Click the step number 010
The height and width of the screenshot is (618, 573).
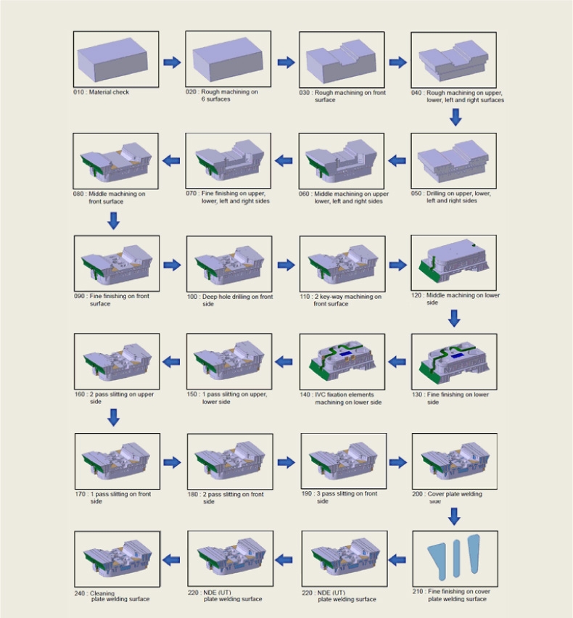(x=78, y=92)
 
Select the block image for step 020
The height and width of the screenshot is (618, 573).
(x=228, y=59)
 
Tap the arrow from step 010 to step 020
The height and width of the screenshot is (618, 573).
(x=172, y=62)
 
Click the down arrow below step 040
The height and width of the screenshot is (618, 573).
(x=455, y=118)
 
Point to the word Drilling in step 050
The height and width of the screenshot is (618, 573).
(x=435, y=194)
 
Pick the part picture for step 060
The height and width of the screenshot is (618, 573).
(x=342, y=161)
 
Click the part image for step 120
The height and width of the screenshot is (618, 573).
(x=454, y=262)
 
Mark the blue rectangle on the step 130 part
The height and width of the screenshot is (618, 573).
(x=456, y=356)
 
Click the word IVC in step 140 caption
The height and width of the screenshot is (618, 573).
(x=319, y=395)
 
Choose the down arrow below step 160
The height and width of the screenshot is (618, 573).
(x=113, y=417)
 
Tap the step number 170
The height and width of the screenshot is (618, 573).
(x=80, y=494)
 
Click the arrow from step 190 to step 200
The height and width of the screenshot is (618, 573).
(x=398, y=462)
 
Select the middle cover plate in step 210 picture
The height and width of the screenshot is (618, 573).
(x=456, y=559)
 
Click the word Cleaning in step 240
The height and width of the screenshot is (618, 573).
(x=102, y=593)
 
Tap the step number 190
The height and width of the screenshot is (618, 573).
(x=306, y=493)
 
